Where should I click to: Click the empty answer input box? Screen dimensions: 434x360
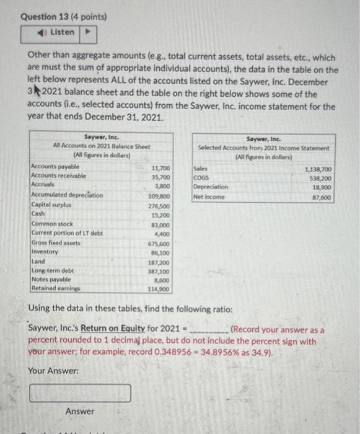80,392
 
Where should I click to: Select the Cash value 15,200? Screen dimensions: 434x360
162,215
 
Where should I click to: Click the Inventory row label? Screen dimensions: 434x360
45,252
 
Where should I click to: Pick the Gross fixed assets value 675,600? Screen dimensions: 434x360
160,244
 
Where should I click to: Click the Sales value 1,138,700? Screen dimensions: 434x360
318,168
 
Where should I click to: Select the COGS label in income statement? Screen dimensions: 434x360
201,177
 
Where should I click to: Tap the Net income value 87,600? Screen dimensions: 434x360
321,197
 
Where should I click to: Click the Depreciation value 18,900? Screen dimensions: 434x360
321,187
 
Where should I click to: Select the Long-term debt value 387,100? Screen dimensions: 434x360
160,272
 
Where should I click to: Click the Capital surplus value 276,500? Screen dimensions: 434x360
160,205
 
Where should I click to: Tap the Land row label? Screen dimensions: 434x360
37,262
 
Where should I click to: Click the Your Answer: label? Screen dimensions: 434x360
54,370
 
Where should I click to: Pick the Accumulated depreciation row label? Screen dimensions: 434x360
67,195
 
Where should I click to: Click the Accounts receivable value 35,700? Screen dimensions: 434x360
162,177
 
